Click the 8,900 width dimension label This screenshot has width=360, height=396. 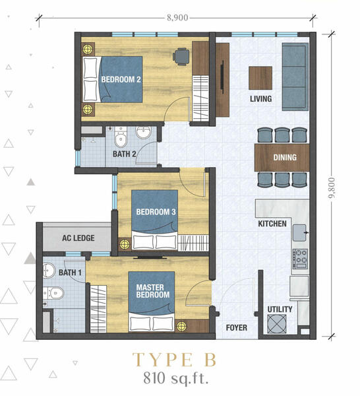177,18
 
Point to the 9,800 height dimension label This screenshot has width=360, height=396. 332,188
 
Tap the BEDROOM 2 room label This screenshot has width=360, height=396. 121,80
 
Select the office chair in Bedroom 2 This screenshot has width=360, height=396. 181,57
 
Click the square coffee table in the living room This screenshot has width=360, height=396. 260,78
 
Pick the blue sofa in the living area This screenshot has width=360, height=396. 295,77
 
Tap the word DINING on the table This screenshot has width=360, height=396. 285,158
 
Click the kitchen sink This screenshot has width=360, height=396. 300,232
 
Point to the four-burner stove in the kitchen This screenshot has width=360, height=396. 300,259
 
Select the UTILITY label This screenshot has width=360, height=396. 280,309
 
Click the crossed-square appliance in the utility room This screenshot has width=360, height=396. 277,324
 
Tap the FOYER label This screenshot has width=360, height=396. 237,327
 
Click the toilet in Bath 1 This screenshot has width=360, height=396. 53,293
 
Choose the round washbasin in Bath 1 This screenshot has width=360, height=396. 49,271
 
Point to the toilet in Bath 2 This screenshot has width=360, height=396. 121,137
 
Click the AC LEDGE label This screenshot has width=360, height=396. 78,238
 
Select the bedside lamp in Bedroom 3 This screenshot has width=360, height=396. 125,244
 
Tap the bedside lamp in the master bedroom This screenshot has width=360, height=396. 181,326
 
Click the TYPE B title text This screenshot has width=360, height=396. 174,360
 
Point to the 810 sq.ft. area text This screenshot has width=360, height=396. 176,378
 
